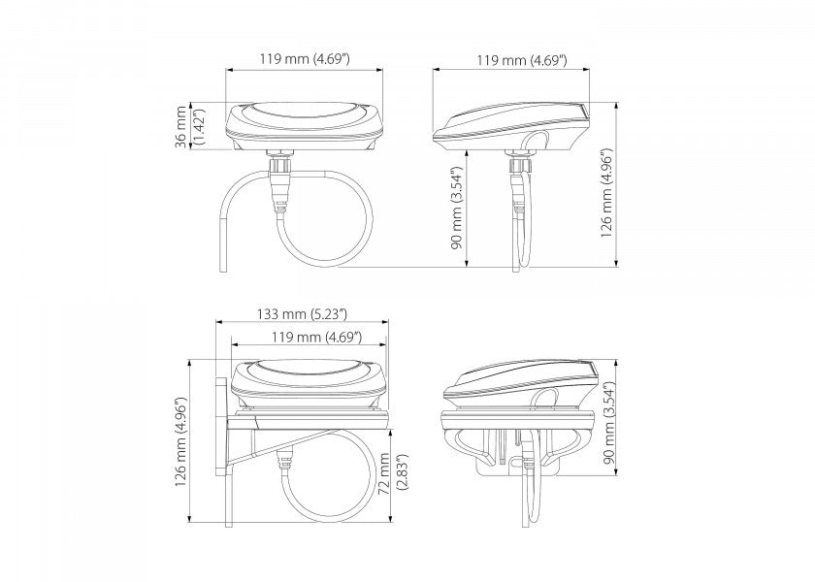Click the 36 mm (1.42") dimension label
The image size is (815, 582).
189,127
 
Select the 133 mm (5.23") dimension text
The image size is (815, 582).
302,314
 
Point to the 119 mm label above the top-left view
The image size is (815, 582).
305,59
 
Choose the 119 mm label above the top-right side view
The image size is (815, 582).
522,60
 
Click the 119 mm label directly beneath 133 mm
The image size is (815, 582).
316,337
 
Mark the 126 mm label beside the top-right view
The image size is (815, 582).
606,193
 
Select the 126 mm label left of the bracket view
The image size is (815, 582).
180,442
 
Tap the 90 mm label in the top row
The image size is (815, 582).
456,208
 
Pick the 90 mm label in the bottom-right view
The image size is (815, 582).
609,422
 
